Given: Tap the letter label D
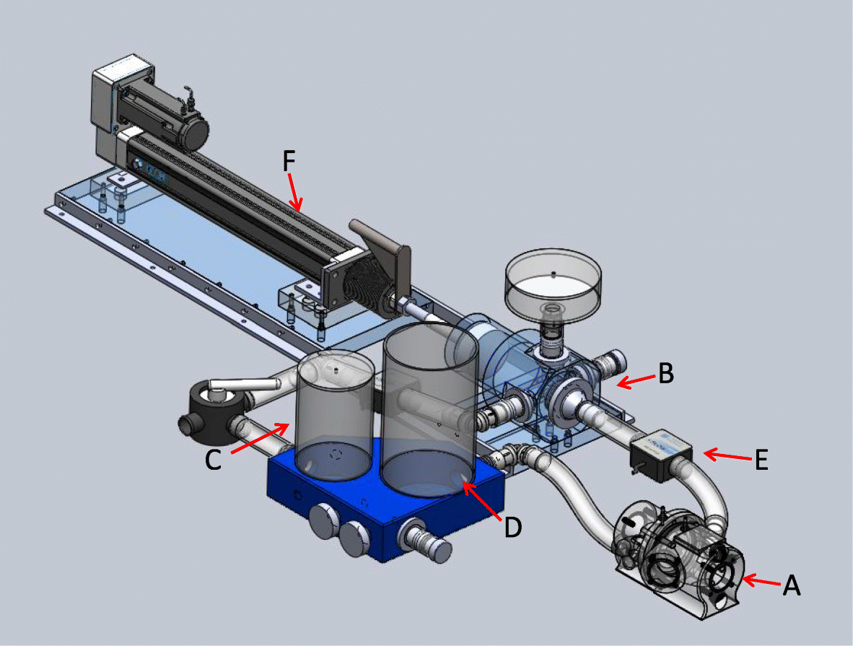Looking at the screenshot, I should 512,528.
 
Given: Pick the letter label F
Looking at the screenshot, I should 289,162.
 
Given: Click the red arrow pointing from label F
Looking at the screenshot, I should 295,191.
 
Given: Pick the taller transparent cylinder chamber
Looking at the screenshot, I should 430,411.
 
